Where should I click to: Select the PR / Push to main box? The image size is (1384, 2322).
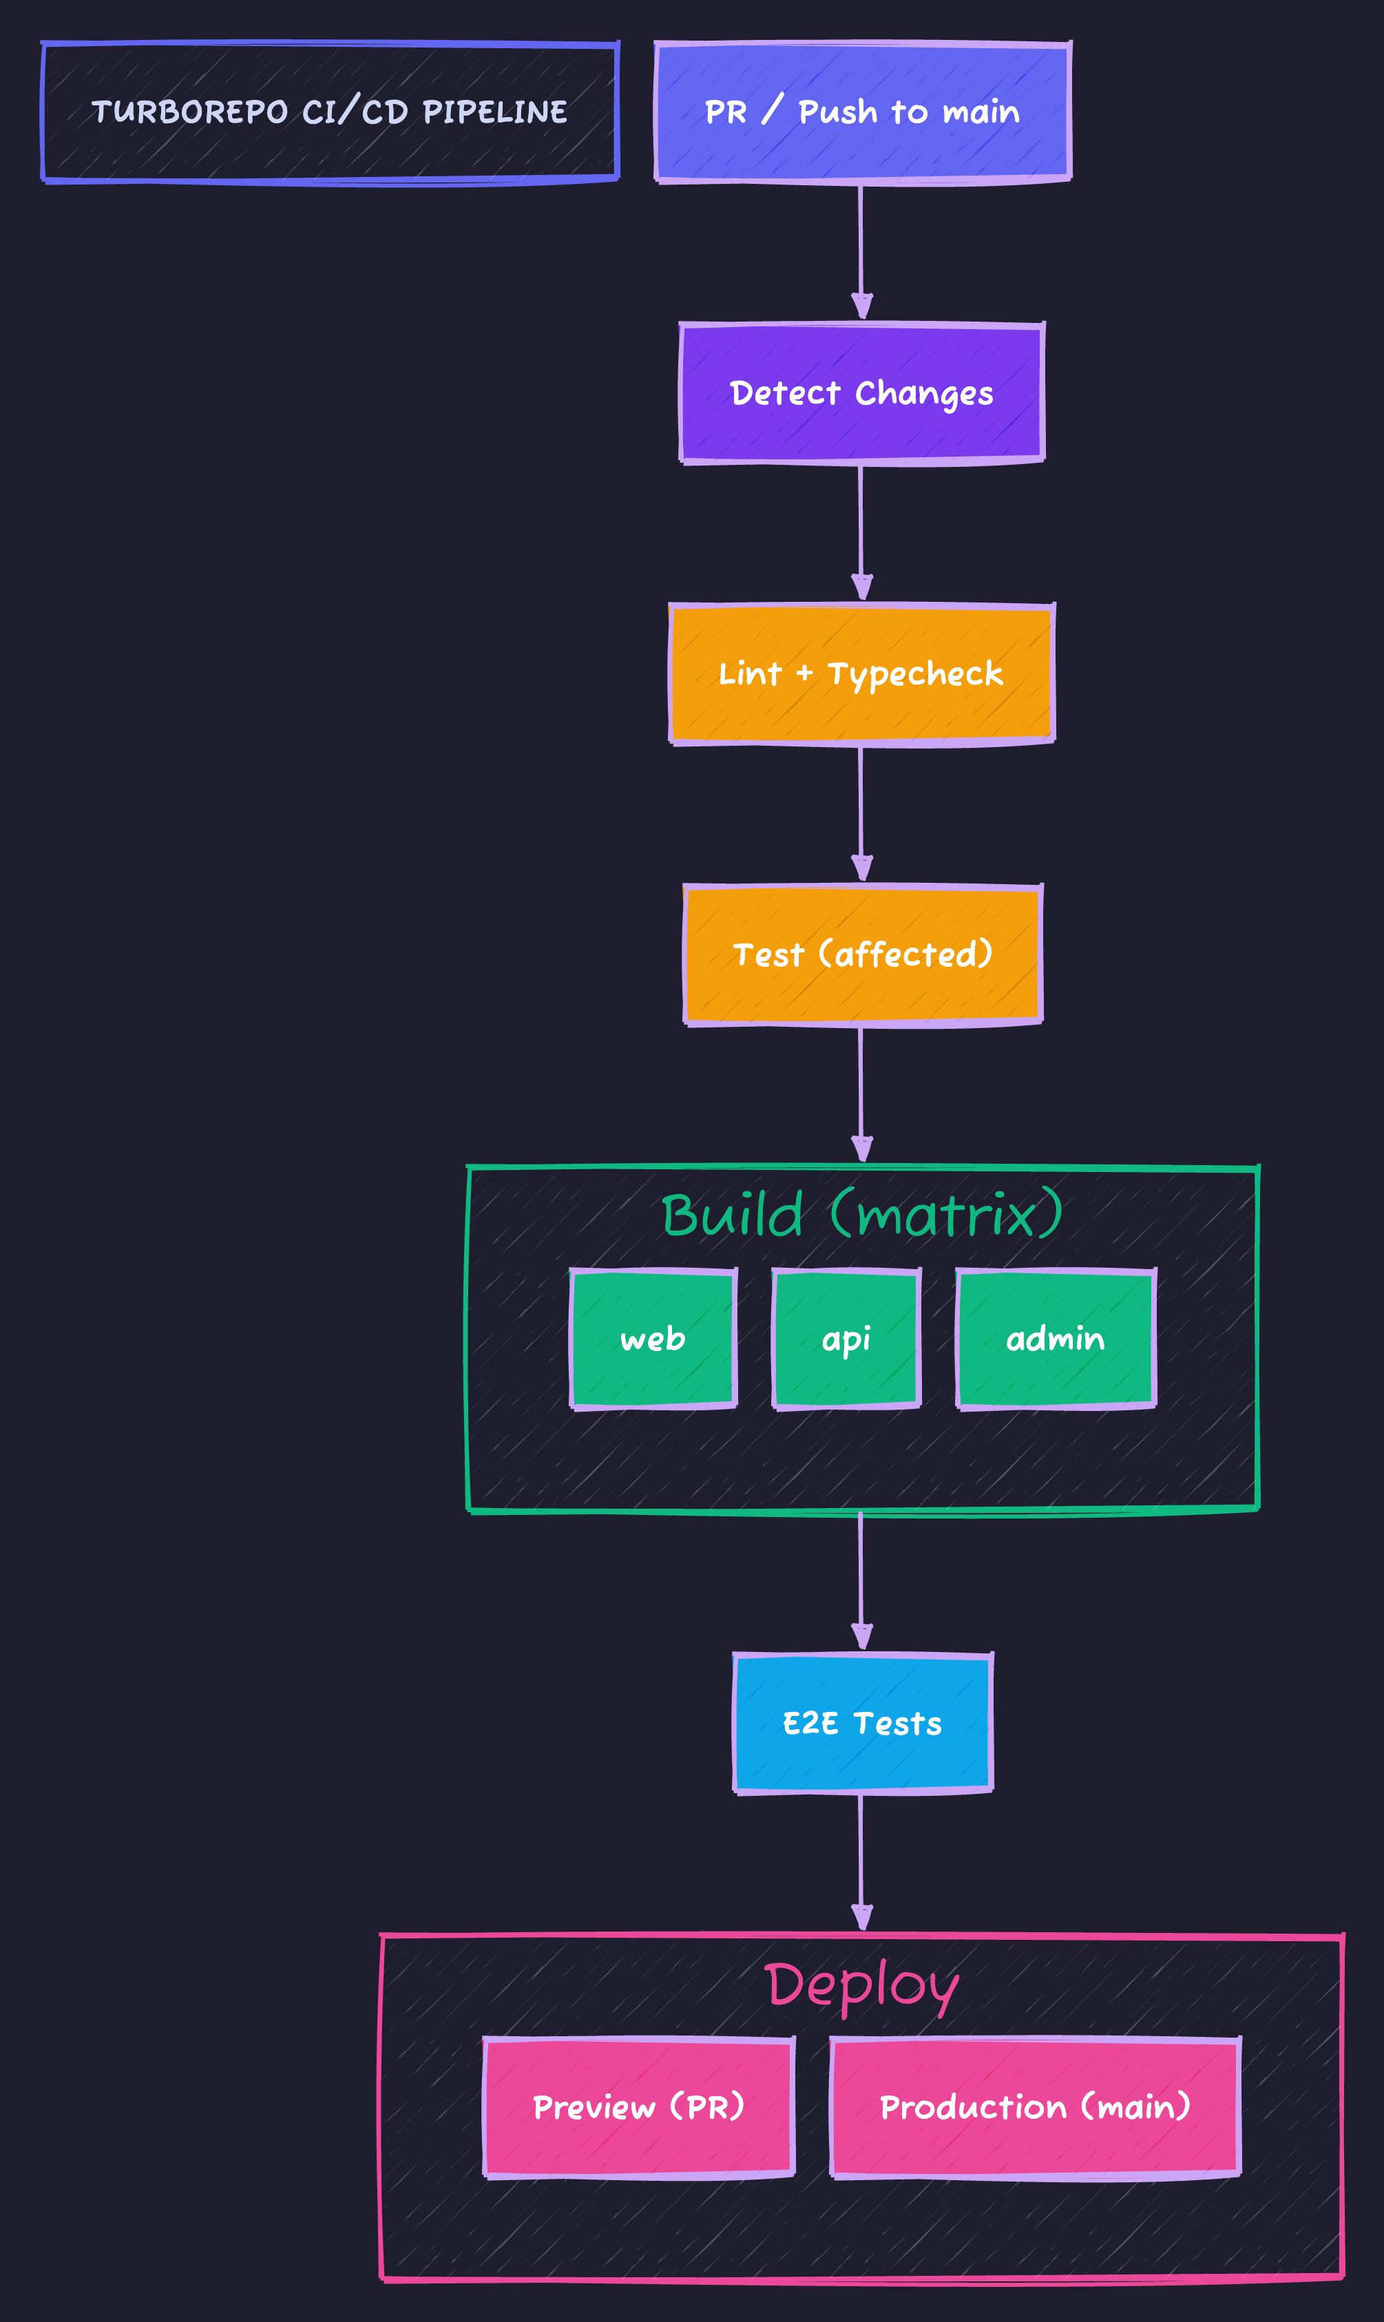tap(862, 112)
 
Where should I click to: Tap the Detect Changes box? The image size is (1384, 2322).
tap(862, 393)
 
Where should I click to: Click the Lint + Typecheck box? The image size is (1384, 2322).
tap(862, 673)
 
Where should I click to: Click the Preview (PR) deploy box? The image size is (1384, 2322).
tap(639, 2106)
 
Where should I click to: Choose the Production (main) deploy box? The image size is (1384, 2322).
tap(1035, 2106)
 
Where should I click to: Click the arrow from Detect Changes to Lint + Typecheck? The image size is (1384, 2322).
tap(861, 531)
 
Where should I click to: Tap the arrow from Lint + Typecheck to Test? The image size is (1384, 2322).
tap(861, 813)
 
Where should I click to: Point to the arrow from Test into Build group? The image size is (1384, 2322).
tap(861, 1093)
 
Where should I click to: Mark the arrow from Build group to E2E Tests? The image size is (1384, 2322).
tap(861, 1580)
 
